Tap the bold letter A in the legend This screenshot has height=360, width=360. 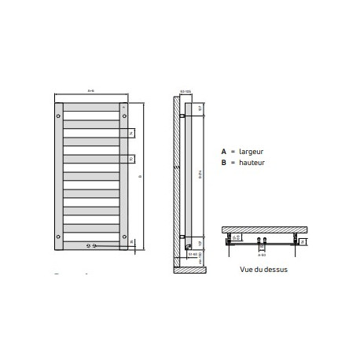[224, 150]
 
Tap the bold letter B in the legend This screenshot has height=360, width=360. [224, 162]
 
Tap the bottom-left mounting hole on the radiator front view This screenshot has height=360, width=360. [59, 233]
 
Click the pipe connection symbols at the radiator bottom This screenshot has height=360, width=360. [95, 246]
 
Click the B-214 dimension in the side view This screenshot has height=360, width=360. [200, 178]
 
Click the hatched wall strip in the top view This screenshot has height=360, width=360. [262, 229]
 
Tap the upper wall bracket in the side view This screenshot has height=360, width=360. [182, 116]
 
